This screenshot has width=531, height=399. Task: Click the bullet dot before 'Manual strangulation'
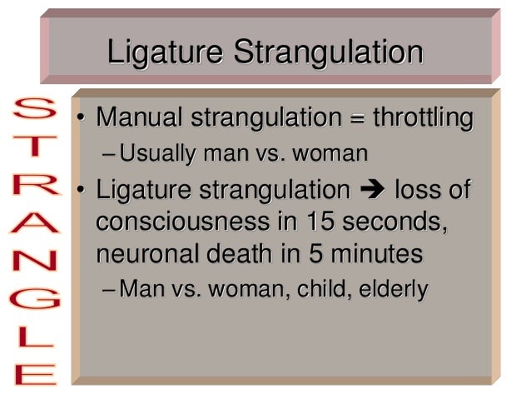click(80, 119)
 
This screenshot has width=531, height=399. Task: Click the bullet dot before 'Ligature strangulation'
click(80, 192)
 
